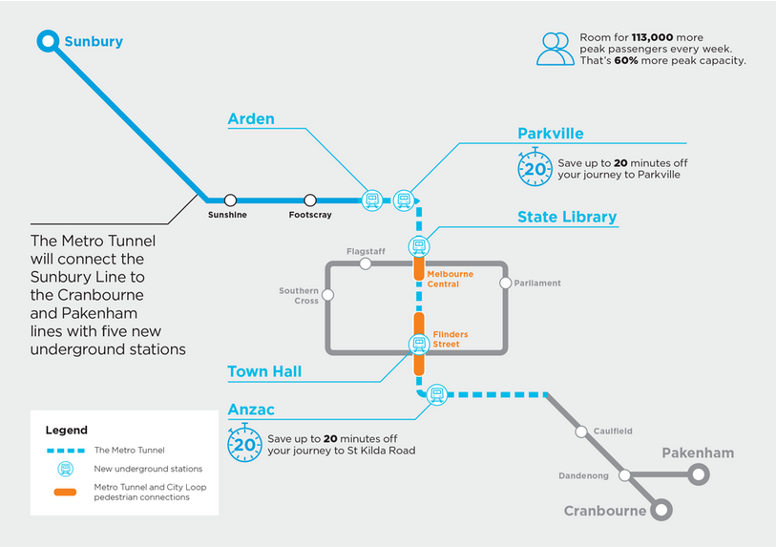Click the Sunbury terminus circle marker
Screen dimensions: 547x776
pyautogui.click(x=48, y=41)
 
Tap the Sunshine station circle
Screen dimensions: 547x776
pyautogui.click(x=230, y=200)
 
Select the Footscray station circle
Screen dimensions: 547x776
pyautogui.click(x=310, y=200)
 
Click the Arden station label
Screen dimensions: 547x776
pyautogui.click(x=251, y=119)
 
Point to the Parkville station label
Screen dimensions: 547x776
pyautogui.click(x=551, y=134)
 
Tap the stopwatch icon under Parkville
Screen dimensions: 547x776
pyautogui.click(x=535, y=169)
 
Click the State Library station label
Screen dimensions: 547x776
pyautogui.click(x=567, y=217)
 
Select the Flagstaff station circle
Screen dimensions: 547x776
pyautogui.click(x=366, y=263)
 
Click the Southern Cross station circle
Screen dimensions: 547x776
pyautogui.click(x=328, y=295)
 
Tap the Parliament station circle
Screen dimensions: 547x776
pyautogui.click(x=506, y=283)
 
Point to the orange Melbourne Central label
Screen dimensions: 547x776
pyautogui.click(x=450, y=279)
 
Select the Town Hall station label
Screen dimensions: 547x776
pyautogui.click(x=264, y=371)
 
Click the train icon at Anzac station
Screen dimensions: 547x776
pyautogui.click(x=437, y=392)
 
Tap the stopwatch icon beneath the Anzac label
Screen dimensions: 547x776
pyautogui.click(x=245, y=444)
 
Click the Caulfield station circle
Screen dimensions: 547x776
pyautogui.click(x=581, y=431)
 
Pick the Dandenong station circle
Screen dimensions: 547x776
pyautogui.click(x=624, y=474)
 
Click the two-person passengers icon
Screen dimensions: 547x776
pyautogui.click(x=555, y=49)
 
